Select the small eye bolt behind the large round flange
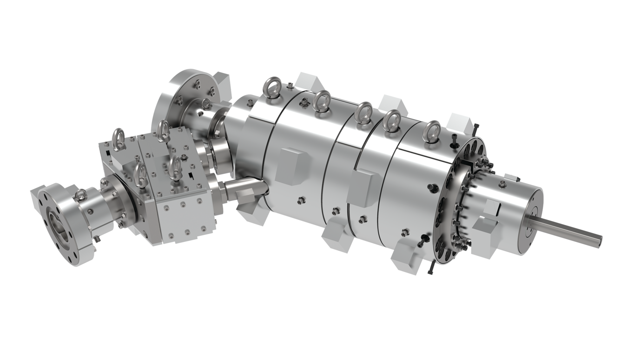205,104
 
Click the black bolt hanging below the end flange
430,267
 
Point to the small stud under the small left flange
97,239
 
